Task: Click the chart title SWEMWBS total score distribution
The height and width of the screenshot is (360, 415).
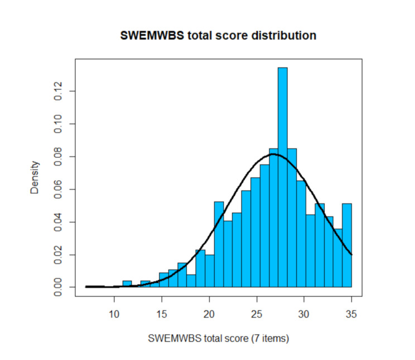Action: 218,36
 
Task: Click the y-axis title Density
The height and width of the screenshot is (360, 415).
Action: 35,177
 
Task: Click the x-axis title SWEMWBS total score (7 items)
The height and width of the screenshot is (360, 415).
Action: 218,338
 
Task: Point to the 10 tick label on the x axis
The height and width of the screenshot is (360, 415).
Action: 114,314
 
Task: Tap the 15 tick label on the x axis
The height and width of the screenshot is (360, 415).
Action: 161,314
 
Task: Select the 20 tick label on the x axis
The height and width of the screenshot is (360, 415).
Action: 209,314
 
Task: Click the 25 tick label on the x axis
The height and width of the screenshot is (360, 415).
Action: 257,314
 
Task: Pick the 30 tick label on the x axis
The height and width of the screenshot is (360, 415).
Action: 304,314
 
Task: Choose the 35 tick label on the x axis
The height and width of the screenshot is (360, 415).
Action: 351,314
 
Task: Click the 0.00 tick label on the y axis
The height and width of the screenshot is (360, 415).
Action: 57,287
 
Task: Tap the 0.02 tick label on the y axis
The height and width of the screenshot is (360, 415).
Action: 57,255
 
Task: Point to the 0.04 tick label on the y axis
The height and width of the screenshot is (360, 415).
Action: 57,222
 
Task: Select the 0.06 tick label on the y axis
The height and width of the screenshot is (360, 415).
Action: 57,189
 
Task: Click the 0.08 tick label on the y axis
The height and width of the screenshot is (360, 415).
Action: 57,157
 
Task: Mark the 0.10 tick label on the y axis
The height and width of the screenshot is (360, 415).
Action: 57,124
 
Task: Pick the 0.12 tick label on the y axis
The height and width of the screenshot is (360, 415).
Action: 57,91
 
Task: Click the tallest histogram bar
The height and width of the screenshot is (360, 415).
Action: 283,177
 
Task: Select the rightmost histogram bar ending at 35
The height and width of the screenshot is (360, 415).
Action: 347,245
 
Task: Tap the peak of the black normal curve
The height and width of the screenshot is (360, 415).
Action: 273,154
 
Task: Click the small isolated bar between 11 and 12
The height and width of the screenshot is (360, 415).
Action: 127,284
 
